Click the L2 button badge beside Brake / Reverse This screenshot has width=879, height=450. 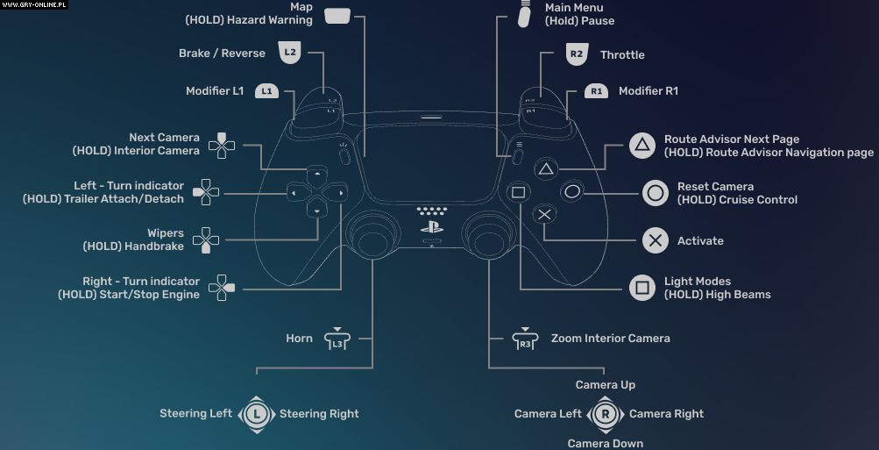[x=290, y=54]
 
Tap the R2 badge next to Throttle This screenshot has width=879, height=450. [x=576, y=54]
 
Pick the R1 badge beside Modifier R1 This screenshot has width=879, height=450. [x=596, y=91]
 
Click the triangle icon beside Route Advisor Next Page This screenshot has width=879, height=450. [x=642, y=146]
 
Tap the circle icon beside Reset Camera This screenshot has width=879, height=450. [x=655, y=193]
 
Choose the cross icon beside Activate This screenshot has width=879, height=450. [x=655, y=240]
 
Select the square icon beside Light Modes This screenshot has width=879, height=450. [x=642, y=288]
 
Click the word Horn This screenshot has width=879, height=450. [x=299, y=339]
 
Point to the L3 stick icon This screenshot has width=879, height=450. [x=337, y=339]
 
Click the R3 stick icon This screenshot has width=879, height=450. [x=525, y=339]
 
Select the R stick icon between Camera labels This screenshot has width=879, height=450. [x=605, y=414]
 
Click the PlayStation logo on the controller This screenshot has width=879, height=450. [x=431, y=225]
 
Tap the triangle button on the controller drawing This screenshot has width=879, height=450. [x=545, y=168]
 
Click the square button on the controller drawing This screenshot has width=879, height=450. [x=518, y=192]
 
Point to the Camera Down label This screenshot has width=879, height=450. [x=605, y=443]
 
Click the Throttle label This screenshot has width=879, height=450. [x=622, y=54]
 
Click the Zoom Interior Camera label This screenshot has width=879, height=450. [x=610, y=339]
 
